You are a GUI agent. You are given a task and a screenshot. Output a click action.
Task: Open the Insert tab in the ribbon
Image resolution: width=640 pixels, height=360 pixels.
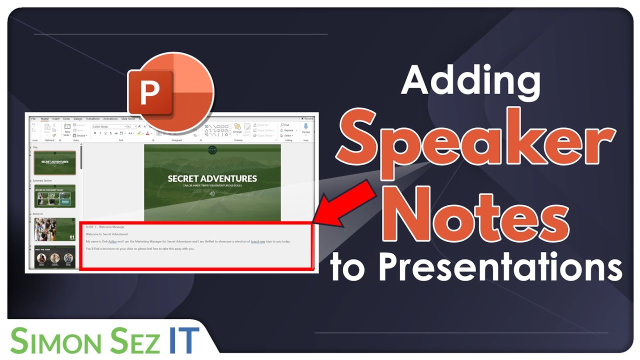point(56,119)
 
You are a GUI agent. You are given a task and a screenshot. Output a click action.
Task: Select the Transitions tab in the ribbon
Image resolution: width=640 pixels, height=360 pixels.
point(92,119)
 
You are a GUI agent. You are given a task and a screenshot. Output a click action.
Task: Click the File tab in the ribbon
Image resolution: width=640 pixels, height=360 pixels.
point(33,119)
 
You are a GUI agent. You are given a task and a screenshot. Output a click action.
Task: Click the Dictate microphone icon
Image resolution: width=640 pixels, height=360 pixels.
point(305,128)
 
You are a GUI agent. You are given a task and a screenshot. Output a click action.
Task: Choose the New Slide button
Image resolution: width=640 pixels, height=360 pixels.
point(67,130)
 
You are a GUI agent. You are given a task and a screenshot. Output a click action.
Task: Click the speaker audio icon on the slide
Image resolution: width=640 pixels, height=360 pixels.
point(212,193)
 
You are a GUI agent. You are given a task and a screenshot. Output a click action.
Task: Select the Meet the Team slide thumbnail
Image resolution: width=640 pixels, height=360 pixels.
point(54,257)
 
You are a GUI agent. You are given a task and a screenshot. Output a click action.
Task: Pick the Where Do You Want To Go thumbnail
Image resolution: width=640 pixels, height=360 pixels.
point(54,196)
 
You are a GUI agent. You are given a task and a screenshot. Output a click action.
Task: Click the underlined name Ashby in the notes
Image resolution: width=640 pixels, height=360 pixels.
point(112,241)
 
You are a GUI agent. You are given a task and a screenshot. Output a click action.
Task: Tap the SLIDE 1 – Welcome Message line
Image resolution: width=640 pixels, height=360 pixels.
point(105,227)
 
